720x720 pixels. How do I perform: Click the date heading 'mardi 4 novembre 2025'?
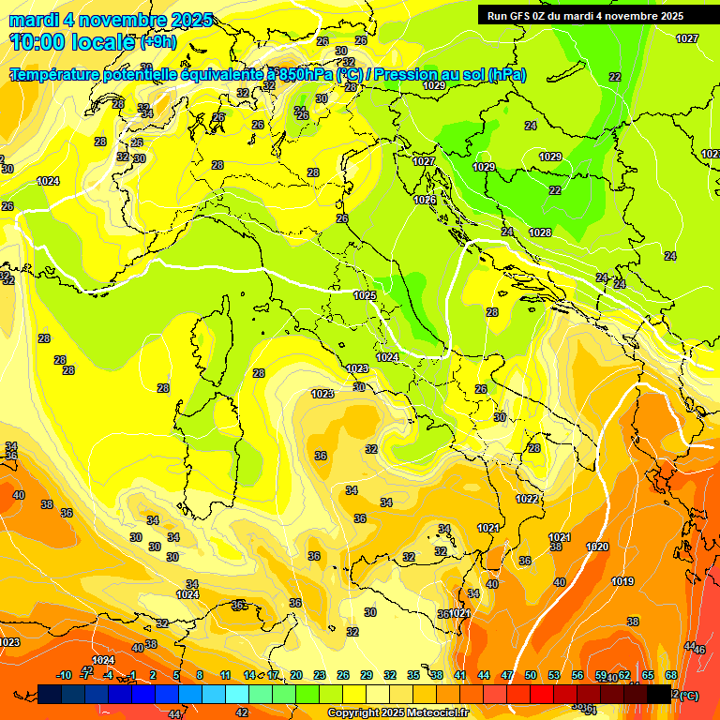(111, 20)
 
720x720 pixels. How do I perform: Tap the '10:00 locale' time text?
(73, 41)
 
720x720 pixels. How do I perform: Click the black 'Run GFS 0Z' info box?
(585, 15)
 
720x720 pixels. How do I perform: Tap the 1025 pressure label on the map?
(365, 295)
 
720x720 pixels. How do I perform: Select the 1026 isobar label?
(425, 200)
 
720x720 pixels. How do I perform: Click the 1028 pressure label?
(540, 232)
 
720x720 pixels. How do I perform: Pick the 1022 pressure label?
(527, 500)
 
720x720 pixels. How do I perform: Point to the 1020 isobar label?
(597, 547)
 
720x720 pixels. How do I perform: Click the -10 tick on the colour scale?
(64, 676)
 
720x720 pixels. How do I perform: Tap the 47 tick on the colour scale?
(507, 676)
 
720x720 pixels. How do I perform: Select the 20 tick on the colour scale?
(296, 676)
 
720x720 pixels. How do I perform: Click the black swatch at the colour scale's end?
(659, 694)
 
